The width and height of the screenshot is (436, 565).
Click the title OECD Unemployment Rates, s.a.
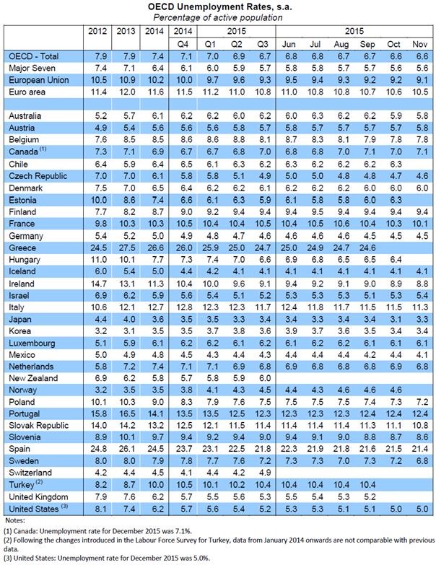click(x=217, y=6)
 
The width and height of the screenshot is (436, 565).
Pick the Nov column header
click(x=418, y=44)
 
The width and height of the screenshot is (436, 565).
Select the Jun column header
click(x=289, y=44)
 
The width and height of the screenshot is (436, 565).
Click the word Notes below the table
click(x=14, y=520)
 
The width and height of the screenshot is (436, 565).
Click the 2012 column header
click(x=97, y=32)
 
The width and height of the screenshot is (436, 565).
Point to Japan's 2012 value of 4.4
click(x=97, y=317)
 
